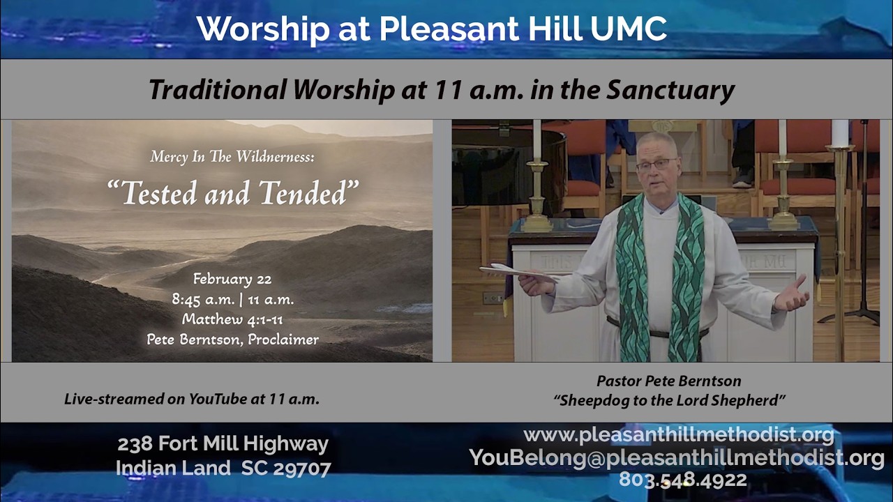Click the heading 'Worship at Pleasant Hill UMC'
431,29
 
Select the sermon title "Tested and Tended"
232,192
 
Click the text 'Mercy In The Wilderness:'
232,157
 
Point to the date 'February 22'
232,280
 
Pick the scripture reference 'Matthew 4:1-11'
232,319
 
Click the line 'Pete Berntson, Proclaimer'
232,340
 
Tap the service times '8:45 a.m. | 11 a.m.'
232,300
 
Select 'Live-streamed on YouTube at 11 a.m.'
192,400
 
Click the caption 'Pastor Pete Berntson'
668,381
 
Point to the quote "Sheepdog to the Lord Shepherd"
670,400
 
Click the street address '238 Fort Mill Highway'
223,444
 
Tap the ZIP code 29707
302,469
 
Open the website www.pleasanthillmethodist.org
678,435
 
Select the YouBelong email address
677,457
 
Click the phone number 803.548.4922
682,480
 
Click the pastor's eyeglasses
656,164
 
